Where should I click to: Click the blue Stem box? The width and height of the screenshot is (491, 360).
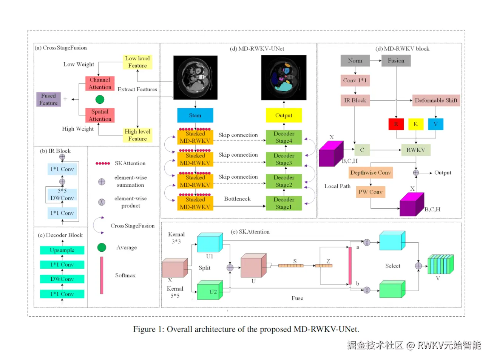[x=195, y=115]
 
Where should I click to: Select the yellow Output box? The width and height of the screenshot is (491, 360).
[x=284, y=115]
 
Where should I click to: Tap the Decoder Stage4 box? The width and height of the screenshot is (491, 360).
[x=284, y=137]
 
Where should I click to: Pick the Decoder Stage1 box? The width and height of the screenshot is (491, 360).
[x=284, y=203]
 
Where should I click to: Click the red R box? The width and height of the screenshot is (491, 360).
[x=396, y=124]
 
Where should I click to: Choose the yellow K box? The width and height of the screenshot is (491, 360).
[x=415, y=124]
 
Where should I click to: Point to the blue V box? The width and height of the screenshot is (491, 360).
[x=435, y=124]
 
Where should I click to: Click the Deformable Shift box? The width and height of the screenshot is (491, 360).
[x=436, y=100]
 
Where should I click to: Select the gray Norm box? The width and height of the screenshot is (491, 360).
[x=355, y=61]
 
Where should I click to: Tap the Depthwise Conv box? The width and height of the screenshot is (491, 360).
[x=371, y=173]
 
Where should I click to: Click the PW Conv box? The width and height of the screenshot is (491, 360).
[x=371, y=192]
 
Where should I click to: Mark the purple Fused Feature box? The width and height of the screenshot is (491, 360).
[x=49, y=99]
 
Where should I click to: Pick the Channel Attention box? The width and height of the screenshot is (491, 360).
[x=100, y=83]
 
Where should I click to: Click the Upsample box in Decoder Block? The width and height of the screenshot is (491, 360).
[x=62, y=250]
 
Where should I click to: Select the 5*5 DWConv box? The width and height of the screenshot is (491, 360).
[x=62, y=194]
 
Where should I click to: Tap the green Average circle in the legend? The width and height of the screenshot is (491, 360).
[x=102, y=248]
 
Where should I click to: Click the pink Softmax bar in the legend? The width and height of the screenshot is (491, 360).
[x=102, y=275]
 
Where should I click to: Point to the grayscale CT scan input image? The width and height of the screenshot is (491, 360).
[x=195, y=77]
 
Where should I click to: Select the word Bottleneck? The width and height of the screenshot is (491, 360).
[x=237, y=199]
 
